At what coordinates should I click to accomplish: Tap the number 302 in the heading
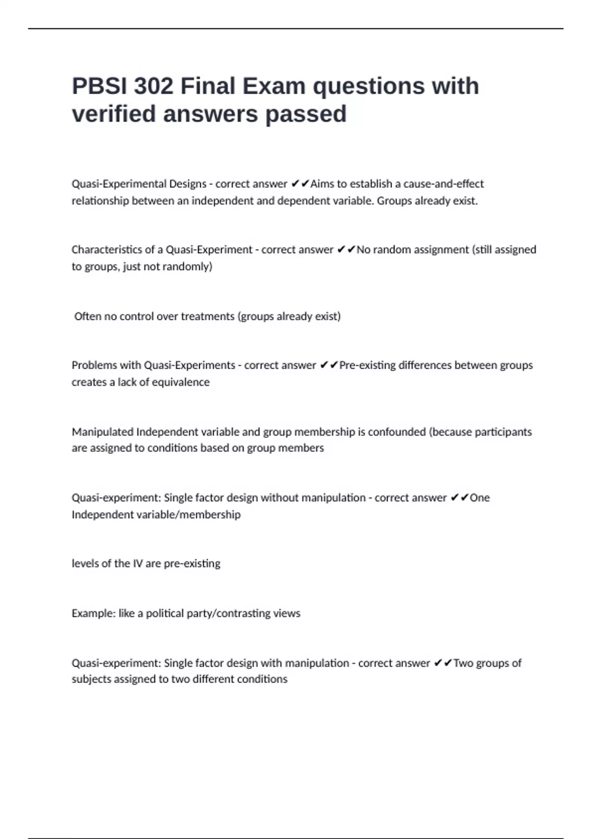[x=153, y=86]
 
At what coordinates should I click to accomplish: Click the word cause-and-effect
[x=444, y=184]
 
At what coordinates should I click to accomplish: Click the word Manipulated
[x=102, y=432]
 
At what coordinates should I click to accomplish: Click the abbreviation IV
[x=138, y=564]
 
